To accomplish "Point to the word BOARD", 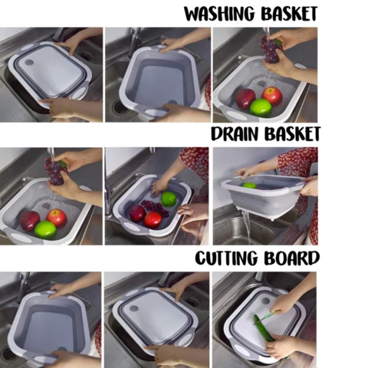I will pyautogui.click(x=292, y=258).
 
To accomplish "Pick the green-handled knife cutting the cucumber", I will pyautogui.click(x=269, y=314).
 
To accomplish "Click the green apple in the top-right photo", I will pyautogui.click(x=261, y=107).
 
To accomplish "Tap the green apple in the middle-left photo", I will pyautogui.click(x=45, y=229).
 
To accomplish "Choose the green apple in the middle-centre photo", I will pyautogui.click(x=169, y=199).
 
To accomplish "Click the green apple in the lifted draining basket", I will pyautogui.click(x=249, y=185).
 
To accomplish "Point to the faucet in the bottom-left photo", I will pyautogui.click(x=24, y=285).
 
